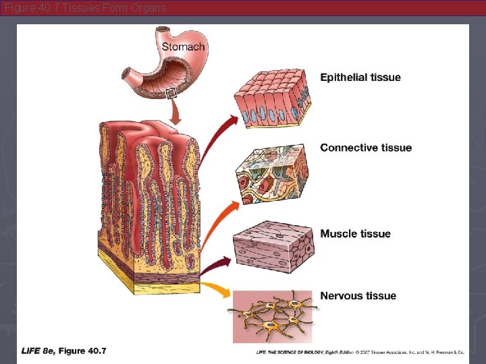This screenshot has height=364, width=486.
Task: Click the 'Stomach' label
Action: click(183, 47)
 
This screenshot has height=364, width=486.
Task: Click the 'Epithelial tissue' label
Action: click(360, 78)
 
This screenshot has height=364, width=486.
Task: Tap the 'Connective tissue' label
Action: click(365, 148)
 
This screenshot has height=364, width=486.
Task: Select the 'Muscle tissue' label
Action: click(355, 234)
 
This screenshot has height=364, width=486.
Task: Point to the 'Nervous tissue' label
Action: click(358, 296)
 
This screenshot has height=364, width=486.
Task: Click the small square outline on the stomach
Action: click(171, 94)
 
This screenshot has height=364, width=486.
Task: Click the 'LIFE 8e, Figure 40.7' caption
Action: click(64, 351)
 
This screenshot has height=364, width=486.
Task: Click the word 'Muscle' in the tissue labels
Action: click(337, 234)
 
